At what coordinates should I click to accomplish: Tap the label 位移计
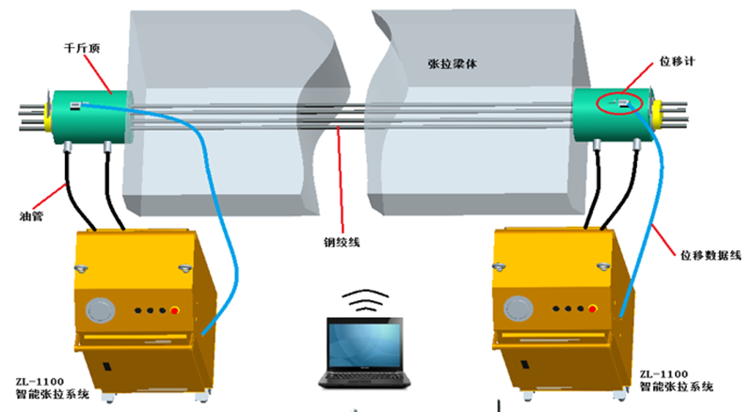(x=676, y=61)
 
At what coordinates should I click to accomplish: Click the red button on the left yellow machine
(x=175, y=309)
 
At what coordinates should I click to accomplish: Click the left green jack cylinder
(x=83, y=114)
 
